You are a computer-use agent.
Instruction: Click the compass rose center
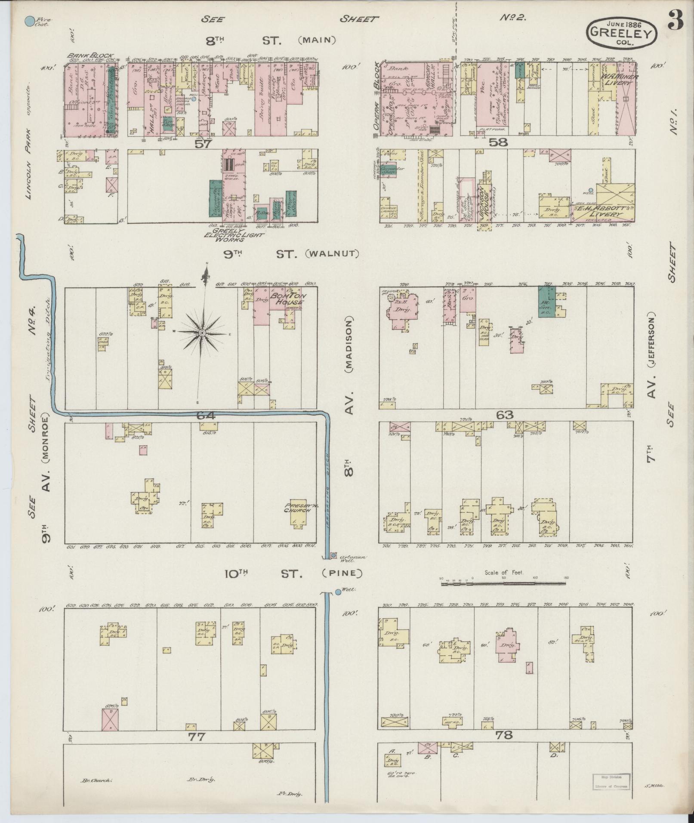(x=201, y=333)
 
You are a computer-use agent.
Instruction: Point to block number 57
(x=203, y=144)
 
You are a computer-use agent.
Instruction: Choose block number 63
(x=505, y=415)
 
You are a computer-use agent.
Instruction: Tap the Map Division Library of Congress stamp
(x=611, y=780)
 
